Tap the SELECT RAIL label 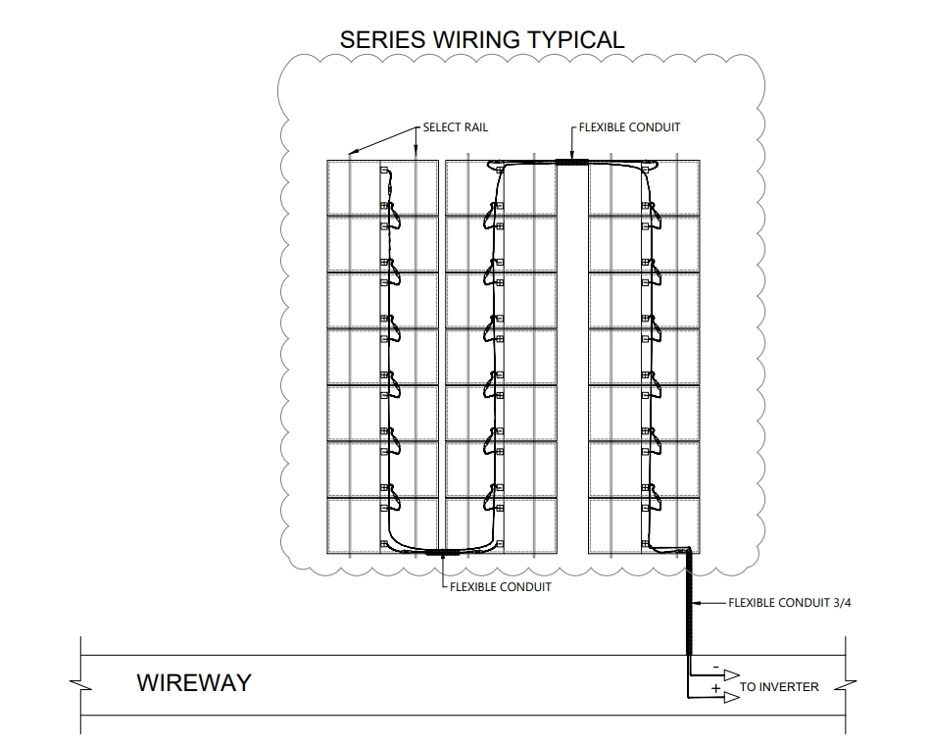[x=455, y=127]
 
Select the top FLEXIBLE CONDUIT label [x=629, y=127]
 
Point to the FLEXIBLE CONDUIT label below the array [x=500, y=587]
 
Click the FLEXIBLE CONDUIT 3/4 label [x=790, y=603]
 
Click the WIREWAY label [x=194, y=682]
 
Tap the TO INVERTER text [x=778, y=687]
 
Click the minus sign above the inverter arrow [x=715, y=668]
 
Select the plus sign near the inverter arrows [x=715, y=691]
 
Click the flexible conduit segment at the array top [x=569, y=163]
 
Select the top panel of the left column [x=382, y=186]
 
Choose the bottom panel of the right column [x=644, y=525]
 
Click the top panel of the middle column [x=501, y=186]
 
